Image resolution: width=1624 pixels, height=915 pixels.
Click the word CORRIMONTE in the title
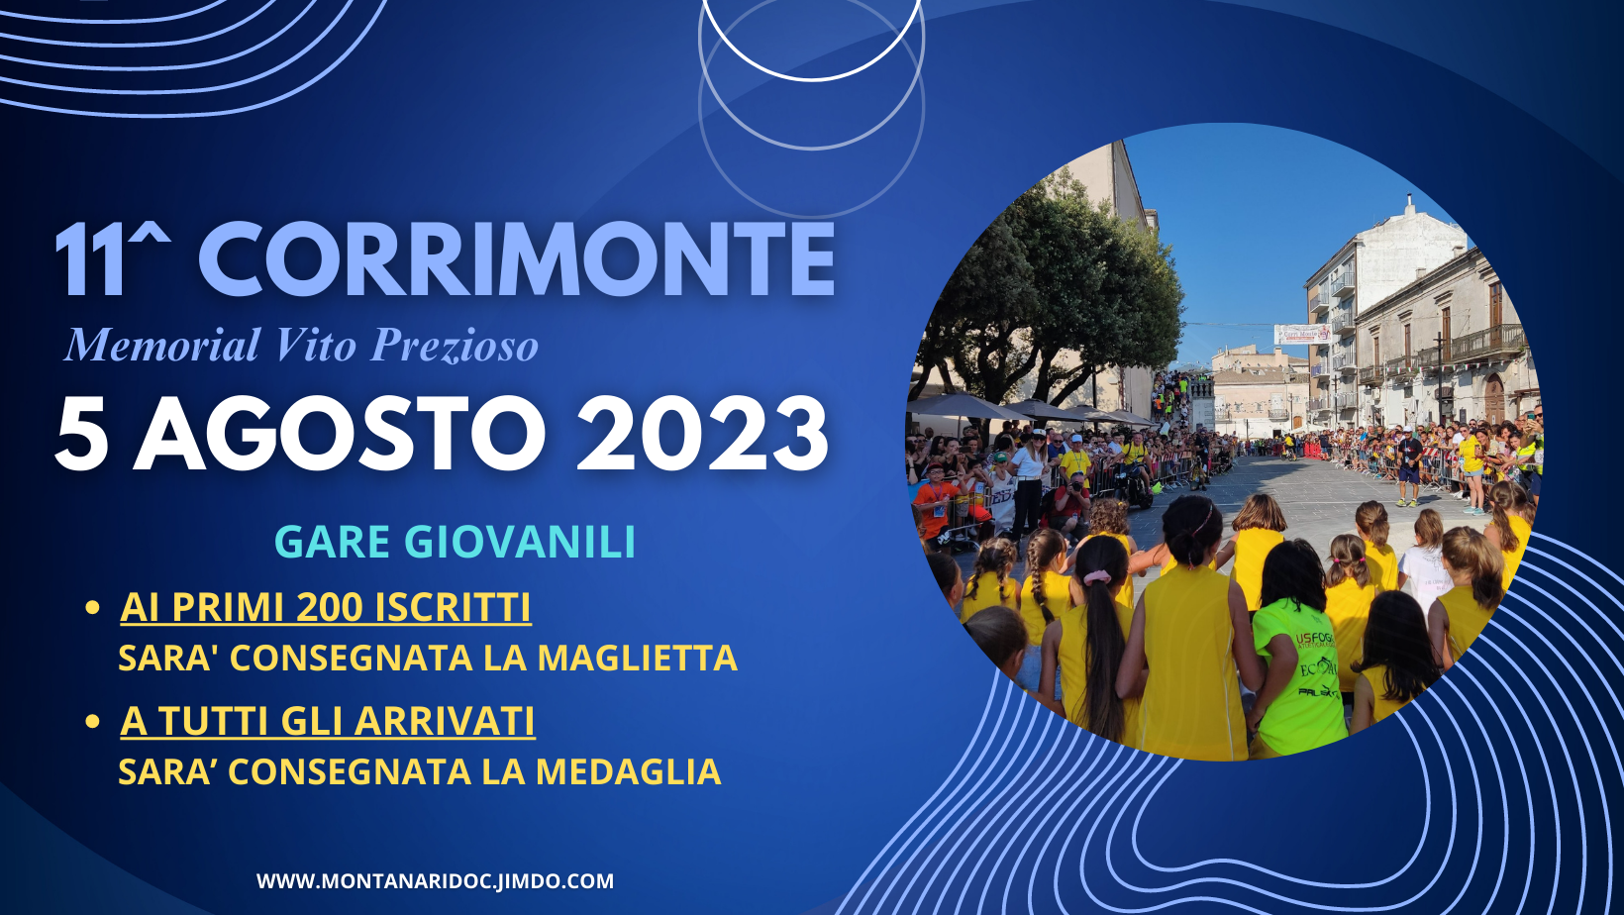517,259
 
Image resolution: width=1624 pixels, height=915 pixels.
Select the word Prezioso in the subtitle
455,346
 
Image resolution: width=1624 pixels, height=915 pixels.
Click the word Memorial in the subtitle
162,345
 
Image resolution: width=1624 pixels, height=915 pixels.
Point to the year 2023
702,435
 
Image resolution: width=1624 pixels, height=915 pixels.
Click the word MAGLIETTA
638,659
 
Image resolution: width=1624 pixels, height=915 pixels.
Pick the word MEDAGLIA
629,771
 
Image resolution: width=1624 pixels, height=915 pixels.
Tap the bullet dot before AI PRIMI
92,608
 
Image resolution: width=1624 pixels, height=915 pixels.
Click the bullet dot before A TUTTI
92,722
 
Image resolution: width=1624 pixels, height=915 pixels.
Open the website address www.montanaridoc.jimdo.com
435,881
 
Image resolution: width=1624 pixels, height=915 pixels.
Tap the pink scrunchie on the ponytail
1097,577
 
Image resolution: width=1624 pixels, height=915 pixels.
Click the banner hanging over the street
1303,335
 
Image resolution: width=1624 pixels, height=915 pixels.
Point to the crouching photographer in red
1070,508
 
